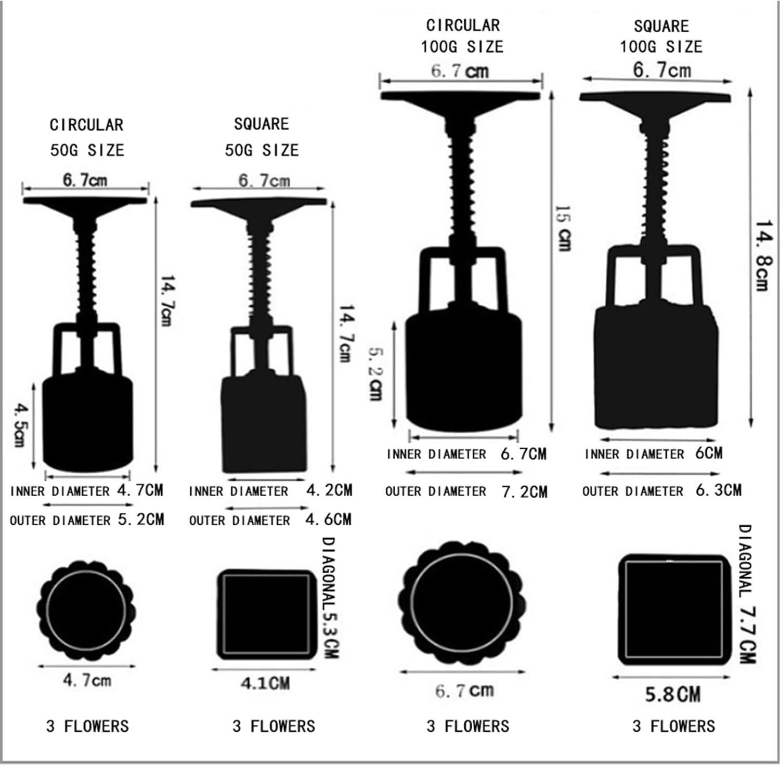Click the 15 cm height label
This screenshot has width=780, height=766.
(563, 228)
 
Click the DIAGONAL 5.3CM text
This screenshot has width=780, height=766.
(330, 598)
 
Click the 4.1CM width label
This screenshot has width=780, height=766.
(265, 683)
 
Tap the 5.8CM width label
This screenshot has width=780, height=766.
(673, 694)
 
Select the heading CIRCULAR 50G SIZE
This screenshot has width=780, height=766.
(87, 137)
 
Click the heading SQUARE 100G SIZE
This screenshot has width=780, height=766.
(661, 36)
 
